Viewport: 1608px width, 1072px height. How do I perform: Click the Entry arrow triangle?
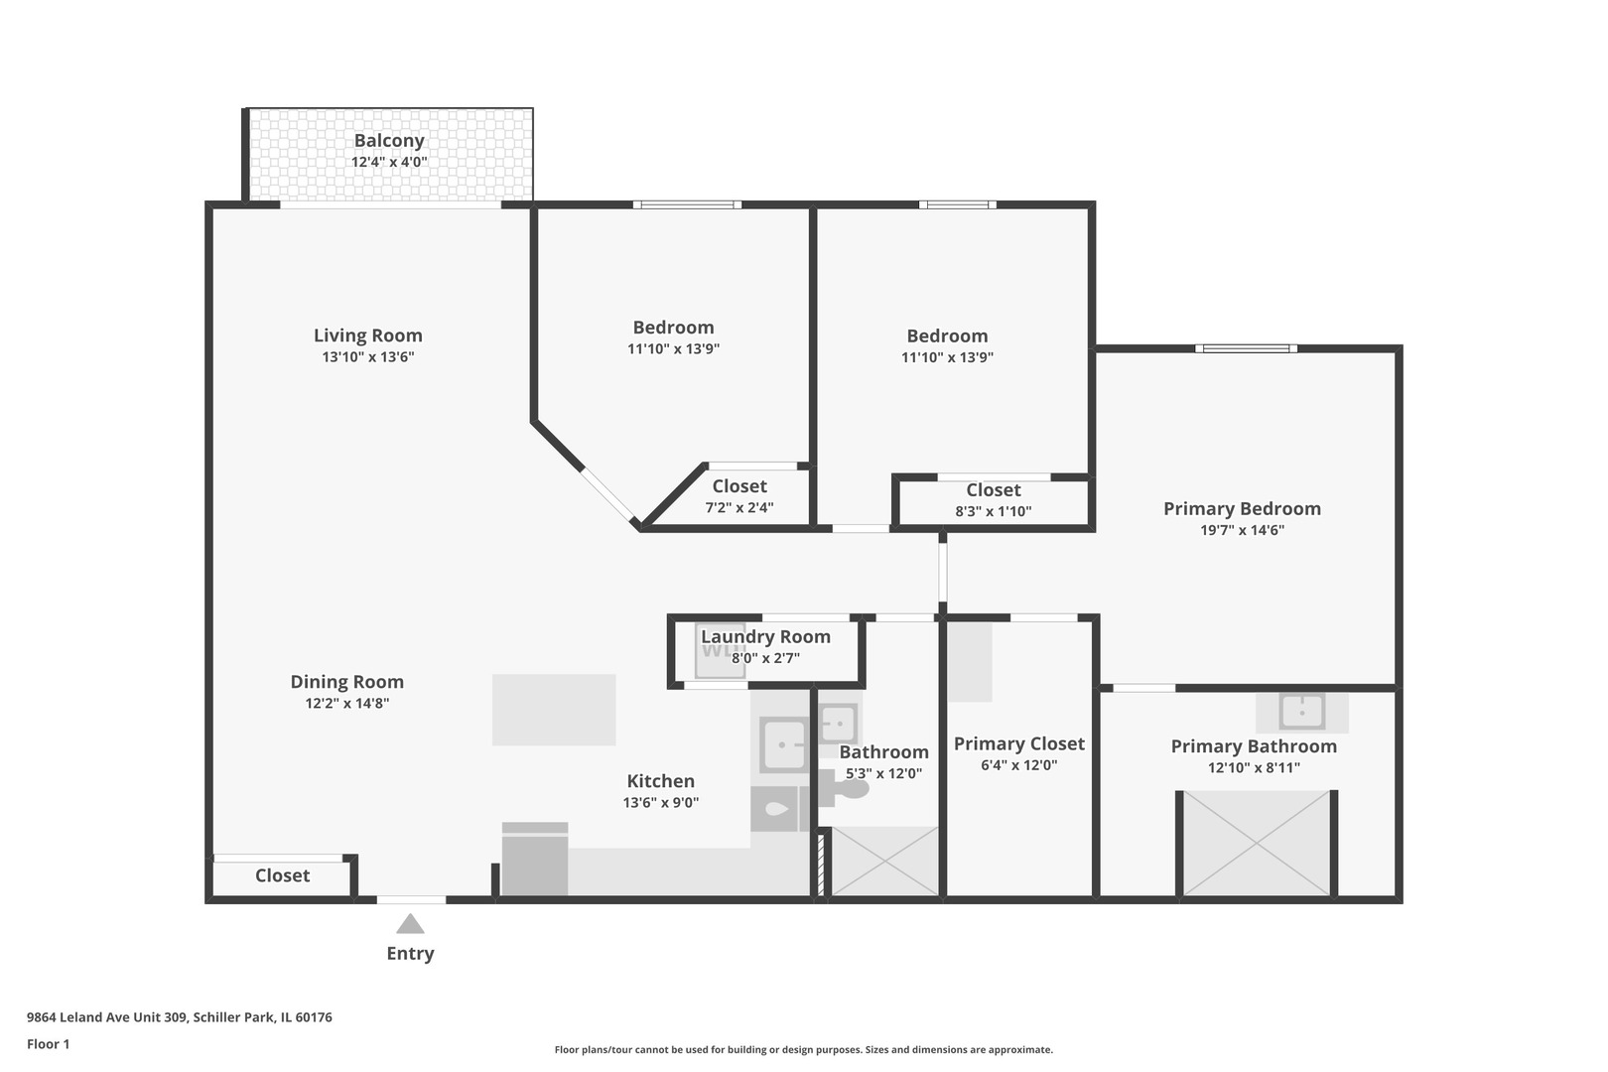tap(410, 924)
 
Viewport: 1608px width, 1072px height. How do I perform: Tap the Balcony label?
tap(389, 140)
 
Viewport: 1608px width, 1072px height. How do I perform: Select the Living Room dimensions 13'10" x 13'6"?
tap(367, 357)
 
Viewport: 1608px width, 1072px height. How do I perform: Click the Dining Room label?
tap(346, 682)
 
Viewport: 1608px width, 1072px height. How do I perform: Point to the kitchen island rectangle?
tap(553, 710)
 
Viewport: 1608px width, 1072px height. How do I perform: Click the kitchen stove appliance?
tap(534, 860)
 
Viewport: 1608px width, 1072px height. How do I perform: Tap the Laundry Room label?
tap(765, 636)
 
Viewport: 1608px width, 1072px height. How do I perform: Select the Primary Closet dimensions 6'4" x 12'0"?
tap(1018, 765)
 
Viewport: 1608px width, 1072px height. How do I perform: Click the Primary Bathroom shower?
tap(1256, 844)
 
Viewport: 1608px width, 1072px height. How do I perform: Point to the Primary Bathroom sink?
tap(1301, 711)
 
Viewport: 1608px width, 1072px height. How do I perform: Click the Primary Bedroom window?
tap(1246, 348)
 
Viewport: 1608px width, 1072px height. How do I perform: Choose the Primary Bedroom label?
tap(1242, 508)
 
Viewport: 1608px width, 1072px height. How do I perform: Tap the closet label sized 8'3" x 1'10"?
tap(993, 490)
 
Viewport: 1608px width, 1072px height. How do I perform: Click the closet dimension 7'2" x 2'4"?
tap(739, 508)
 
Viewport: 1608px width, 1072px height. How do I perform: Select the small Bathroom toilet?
tap(846, 788)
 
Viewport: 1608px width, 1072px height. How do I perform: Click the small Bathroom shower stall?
tap(883, 862)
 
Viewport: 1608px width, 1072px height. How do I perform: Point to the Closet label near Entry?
tap(282, 875)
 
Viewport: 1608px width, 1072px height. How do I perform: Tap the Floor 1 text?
tap(48, 1044)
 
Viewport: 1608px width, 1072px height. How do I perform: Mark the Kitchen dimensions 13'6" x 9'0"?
tap(660, 803)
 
